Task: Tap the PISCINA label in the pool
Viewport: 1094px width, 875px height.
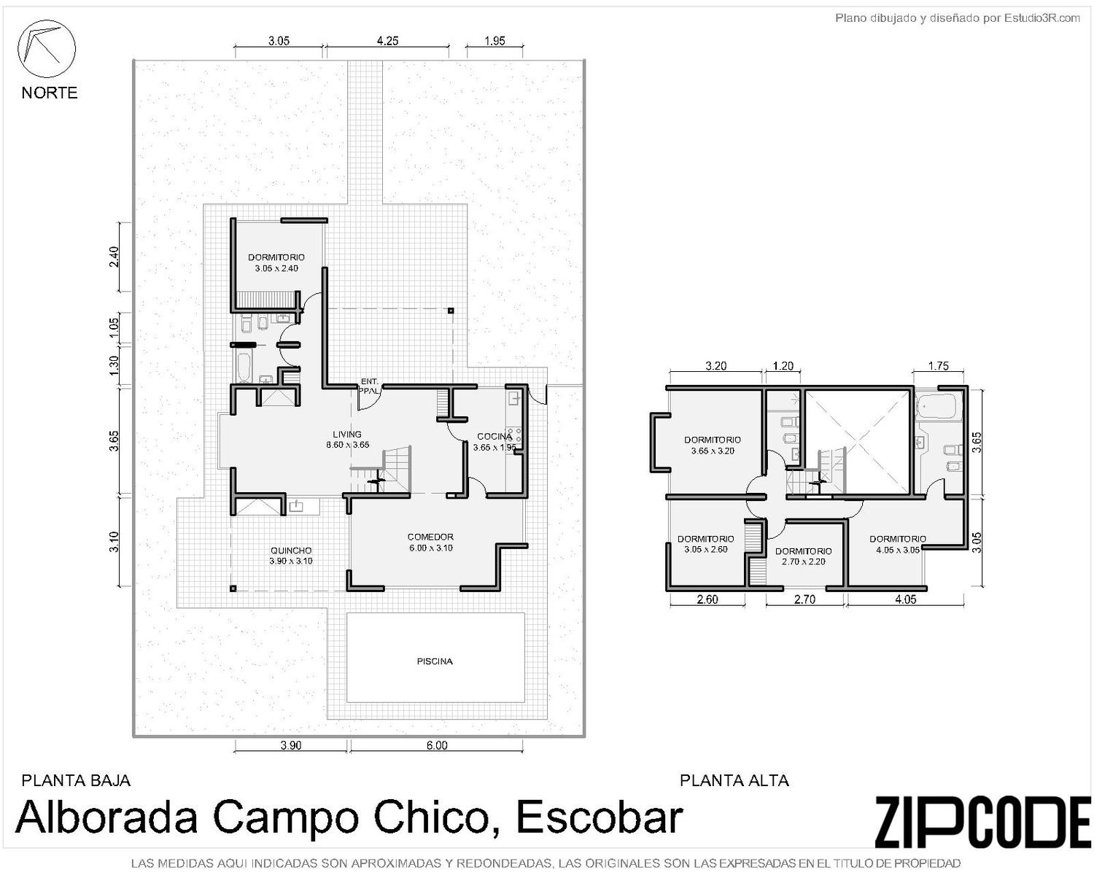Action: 435,661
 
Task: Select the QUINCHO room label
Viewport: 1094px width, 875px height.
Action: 291,550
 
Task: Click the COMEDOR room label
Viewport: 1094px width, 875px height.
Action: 430,537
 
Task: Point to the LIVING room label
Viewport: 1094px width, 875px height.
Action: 347,434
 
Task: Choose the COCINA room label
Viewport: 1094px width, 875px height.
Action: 494,436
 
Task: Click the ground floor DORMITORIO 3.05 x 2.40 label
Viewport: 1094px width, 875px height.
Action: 276,262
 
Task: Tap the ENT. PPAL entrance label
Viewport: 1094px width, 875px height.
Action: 369,386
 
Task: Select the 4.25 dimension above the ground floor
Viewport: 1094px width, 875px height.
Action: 387,41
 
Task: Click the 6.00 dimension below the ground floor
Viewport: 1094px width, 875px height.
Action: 437,745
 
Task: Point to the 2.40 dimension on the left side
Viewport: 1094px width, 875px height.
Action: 115,256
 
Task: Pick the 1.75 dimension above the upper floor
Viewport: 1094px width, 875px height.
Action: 938,366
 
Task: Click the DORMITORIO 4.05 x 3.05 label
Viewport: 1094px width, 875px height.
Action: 897,544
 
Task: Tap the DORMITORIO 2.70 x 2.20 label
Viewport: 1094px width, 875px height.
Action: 803,556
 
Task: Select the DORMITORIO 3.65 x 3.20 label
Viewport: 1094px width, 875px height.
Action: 713,445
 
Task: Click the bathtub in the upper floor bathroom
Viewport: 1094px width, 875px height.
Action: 937,406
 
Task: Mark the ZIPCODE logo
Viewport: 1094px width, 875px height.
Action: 982,822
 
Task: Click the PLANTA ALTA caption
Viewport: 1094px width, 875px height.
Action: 734,780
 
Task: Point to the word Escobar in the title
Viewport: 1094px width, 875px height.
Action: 600,817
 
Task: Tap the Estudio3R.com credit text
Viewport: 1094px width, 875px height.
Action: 1041,18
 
